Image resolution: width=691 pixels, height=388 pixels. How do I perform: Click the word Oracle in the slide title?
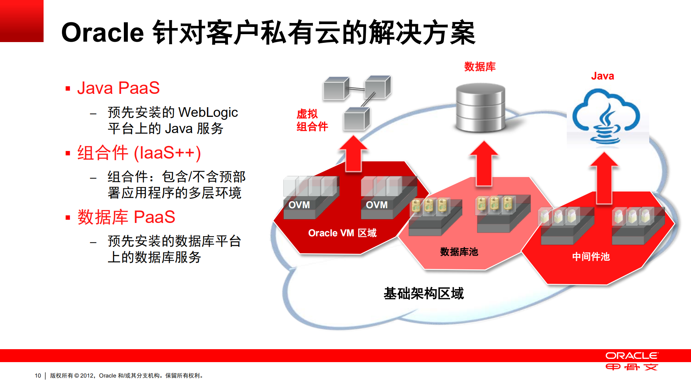[103, 33]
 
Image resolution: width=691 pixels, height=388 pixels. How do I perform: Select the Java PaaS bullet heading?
[118, 88]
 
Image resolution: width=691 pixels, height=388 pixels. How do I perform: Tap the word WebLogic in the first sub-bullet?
[208, 112]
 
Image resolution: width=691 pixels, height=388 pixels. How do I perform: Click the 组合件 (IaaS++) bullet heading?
[139, 153]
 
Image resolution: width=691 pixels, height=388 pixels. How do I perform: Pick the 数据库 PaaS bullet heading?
[126, 217]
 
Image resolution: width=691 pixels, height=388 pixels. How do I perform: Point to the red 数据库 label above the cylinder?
[480, 67]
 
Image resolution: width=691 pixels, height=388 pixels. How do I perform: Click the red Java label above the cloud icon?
[602, 76]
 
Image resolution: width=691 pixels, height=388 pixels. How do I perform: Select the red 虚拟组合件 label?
[312, 120]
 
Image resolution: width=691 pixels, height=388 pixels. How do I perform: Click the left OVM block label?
[299, 205]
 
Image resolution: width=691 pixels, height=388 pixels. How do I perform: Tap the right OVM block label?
[377, 205]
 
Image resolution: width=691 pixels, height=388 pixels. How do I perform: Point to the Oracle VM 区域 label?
[342, 233]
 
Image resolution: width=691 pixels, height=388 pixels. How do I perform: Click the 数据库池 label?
[459, 252]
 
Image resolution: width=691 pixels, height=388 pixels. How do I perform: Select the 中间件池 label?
[591, 257]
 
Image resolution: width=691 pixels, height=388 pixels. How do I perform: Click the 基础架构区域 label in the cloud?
[423, 294]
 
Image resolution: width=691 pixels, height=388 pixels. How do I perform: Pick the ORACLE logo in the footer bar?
[632, 356]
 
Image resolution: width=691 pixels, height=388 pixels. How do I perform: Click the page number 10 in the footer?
[38, 376]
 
